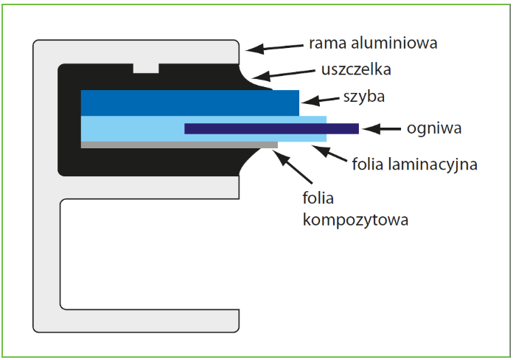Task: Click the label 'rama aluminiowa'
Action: coord(374,43)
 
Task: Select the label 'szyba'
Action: coord(363,97)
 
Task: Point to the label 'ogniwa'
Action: coord(433,128)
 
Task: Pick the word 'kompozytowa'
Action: coord(355,219)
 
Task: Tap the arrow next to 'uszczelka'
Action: coord(283,75)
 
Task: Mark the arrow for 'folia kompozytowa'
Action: coord(291,164)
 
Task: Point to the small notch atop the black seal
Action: coord(145,68)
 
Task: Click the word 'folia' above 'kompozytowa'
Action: coord(318,198)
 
